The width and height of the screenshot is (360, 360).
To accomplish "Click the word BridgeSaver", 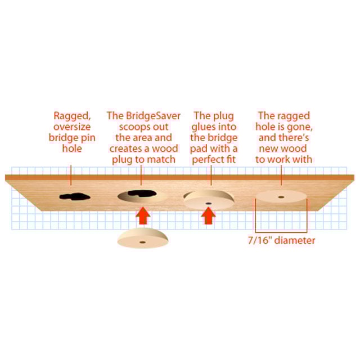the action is coord(153,116).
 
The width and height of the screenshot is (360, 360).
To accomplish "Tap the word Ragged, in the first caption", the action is coord(72,116).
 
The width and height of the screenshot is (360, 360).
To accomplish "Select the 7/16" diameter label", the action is coord(281,241).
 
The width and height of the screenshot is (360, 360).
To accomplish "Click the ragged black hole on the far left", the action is coord(75,197).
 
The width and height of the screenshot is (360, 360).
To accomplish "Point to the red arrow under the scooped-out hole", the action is coord(143,215).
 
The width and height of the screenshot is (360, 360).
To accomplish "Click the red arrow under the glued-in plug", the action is coord(208,215).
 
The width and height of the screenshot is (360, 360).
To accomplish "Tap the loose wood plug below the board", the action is coord(142,238).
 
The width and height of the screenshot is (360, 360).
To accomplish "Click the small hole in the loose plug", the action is coord(142,242).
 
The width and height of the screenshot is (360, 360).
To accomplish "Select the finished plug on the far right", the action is coord(281,196).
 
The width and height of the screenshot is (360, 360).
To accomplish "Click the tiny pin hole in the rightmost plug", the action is coord(281,197).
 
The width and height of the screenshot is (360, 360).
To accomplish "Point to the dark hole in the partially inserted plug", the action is coord(209,204).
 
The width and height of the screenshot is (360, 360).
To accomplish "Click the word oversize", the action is coord(72,127).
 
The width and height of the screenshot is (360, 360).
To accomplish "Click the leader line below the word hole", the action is coord(71,175).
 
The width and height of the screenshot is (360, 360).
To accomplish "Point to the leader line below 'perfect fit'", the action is coord(211,175).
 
